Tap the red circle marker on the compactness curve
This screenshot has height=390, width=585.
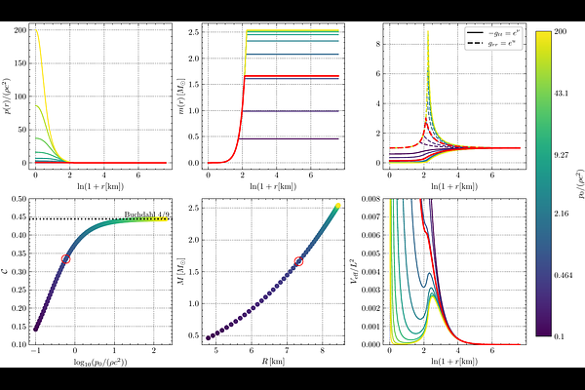(66, 258)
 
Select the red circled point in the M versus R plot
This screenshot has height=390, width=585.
(299, 261)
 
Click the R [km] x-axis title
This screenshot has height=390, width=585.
(272, 370)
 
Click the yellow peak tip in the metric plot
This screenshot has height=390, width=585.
(428, 32)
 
